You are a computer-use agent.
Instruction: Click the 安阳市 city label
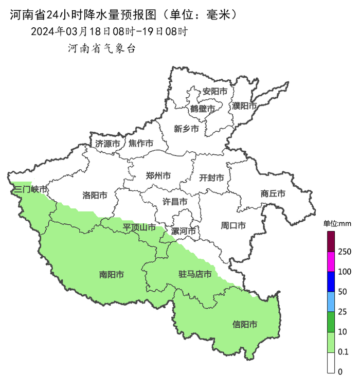pyautogui.click(x=214, y=92)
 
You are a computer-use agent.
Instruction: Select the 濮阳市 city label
pyautogui.click(x=244, y=106)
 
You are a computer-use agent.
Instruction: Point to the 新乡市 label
pyautogui.click(x=186, y=129)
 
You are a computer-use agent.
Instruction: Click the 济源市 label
pyautogui.click(x=107, y=144)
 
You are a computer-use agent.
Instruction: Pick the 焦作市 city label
pyautogui.click(x=141, y=143)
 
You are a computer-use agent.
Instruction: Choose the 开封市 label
pyautogui.click(x=211, y=178)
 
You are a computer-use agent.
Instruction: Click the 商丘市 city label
pyautogui.click(x=273, y=194)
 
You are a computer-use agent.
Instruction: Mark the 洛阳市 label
pyautogui.click(x=95, y=196)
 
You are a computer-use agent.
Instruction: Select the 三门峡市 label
pyautogui.click(x=30, y=190)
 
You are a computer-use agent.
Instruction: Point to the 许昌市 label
pyautogui.click(x=175, y=202)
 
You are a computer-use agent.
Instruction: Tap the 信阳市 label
pyautogui.click(x=245, y=325)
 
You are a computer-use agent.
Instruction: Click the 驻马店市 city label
pyautogui.click(x=195, y=274)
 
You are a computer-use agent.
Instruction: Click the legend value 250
pyautogui.click(x=345, y=252)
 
